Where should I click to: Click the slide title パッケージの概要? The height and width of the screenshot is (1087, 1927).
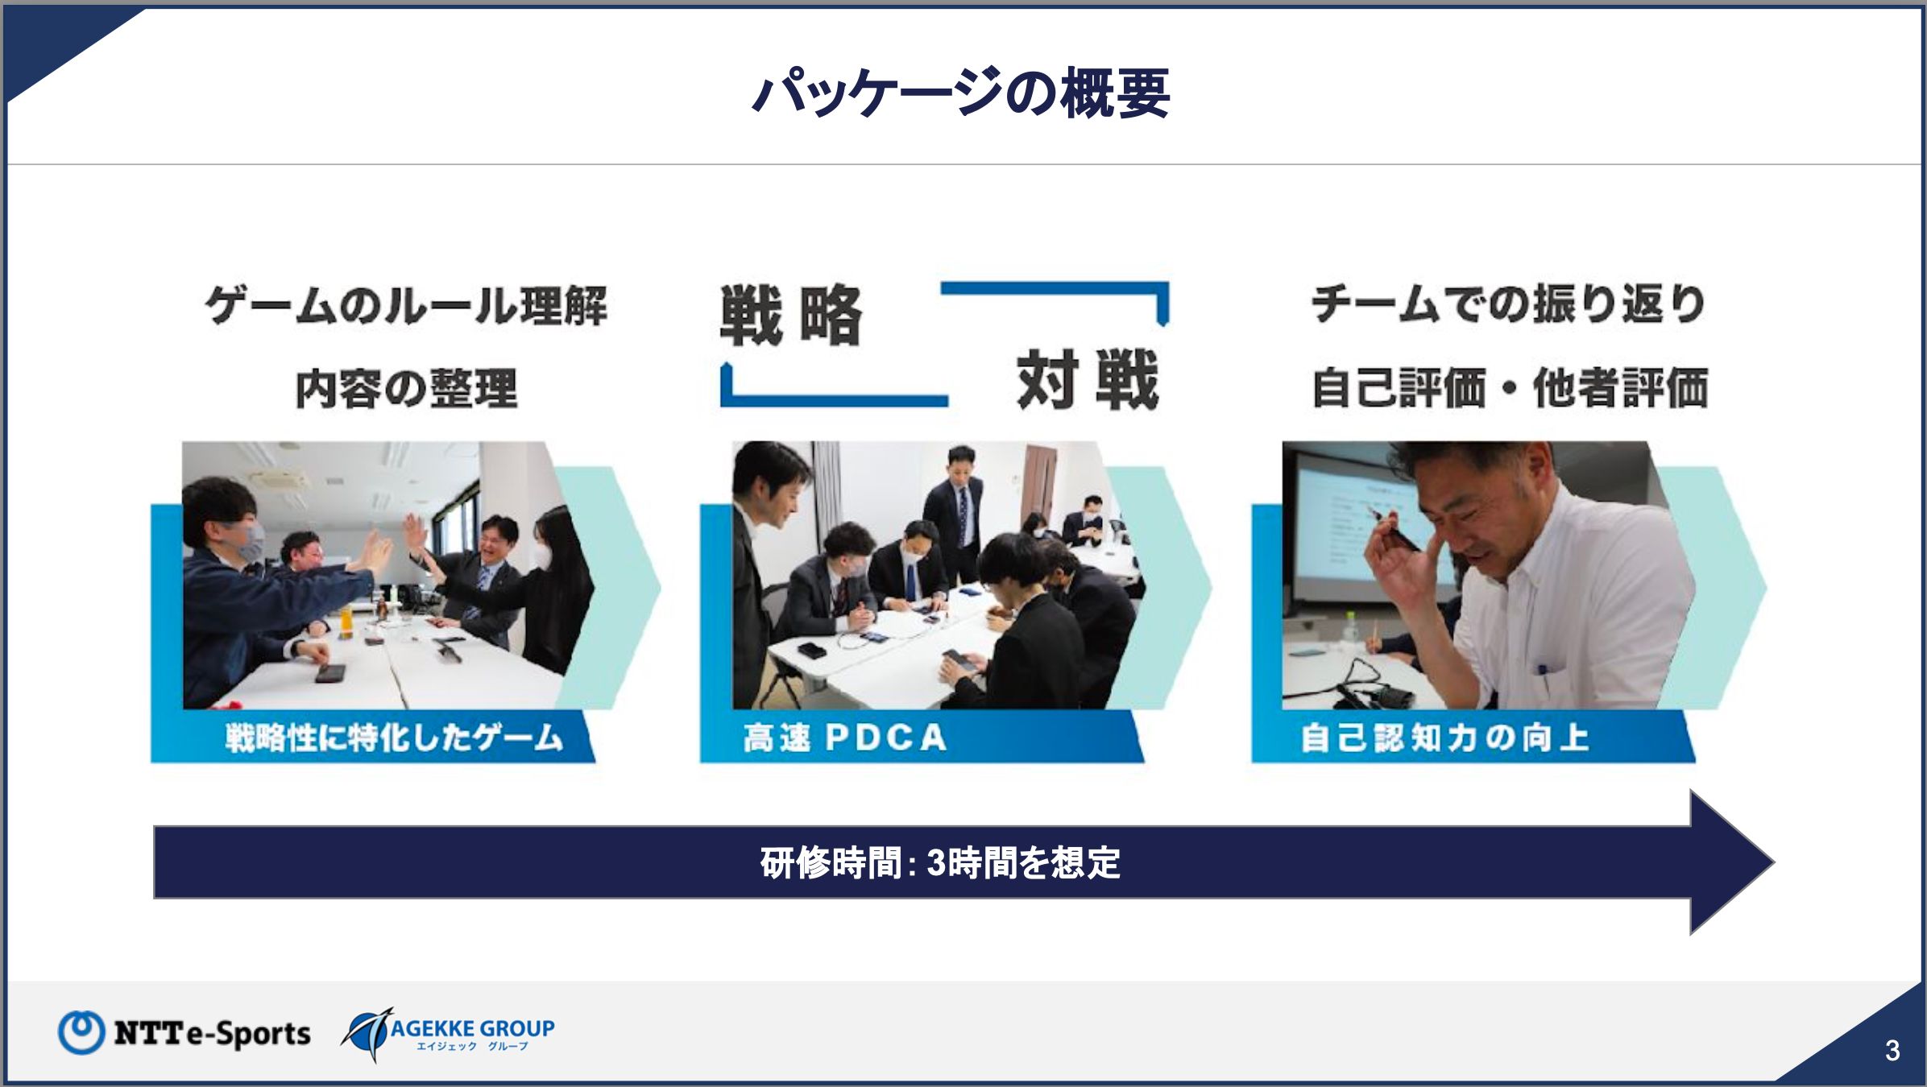pos(961,93)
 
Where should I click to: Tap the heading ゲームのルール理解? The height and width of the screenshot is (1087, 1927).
pos(407,306)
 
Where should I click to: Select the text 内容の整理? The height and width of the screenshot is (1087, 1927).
pos(407,389)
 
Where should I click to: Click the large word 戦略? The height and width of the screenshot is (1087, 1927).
pos(791,315)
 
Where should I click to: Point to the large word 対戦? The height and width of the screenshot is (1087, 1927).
pos(1088,380)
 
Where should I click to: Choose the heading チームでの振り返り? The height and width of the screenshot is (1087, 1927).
pos(1509,304)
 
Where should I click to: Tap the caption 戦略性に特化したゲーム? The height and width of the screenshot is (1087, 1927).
pos(394,738)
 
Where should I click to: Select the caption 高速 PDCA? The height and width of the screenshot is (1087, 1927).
pos(845,738)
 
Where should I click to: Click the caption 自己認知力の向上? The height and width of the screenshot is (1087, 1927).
pos(1445,738)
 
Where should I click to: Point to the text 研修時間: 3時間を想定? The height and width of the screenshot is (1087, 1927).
pos(940,863)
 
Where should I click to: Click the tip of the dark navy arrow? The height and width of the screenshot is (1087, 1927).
pos(1774,862)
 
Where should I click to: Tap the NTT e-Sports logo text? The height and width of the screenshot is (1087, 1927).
pos(212,1032)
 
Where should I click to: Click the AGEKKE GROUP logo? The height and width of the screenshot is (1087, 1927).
pos(448,1034)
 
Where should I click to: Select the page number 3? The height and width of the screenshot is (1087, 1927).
pos(1892,1050)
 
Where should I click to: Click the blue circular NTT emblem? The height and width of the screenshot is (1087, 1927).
pos(81,1032)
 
